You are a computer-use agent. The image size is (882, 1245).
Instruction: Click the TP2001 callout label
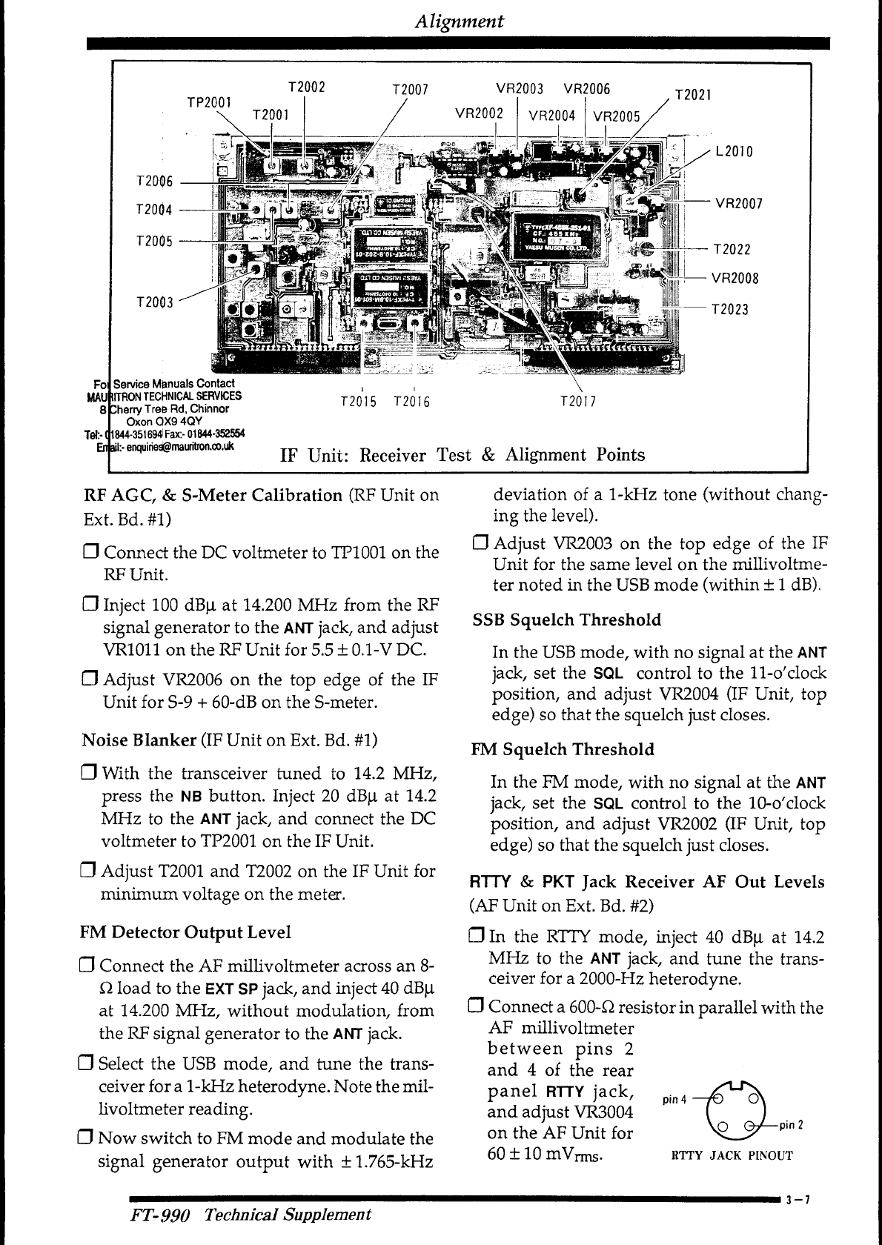[209, 102]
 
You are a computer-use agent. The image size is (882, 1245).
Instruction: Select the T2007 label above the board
[411, 90]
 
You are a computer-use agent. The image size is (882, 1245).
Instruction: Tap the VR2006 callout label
[587, 89]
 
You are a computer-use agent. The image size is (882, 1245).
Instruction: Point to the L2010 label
[734, 152]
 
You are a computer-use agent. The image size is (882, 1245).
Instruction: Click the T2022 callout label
[732, 250]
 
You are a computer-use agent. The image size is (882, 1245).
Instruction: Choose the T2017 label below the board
[578, 402]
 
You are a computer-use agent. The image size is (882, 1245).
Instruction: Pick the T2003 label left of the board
[155, 302]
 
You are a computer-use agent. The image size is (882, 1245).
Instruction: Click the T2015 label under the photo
[358, 402]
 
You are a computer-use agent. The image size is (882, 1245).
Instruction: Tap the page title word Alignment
[460, 21]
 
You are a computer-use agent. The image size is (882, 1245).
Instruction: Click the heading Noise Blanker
[139, 740]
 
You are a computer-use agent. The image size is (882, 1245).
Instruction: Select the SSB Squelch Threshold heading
[566, 620]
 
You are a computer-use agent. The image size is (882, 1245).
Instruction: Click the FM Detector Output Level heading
[185, 932]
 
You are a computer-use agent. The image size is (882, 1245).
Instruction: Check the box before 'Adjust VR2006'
[90, 680]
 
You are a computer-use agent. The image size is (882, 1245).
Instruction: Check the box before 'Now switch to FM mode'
[86, 1138]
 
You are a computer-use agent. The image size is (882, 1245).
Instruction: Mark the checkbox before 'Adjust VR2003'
[480, 544]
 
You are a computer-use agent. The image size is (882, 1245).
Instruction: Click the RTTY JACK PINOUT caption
[732, 1155]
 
